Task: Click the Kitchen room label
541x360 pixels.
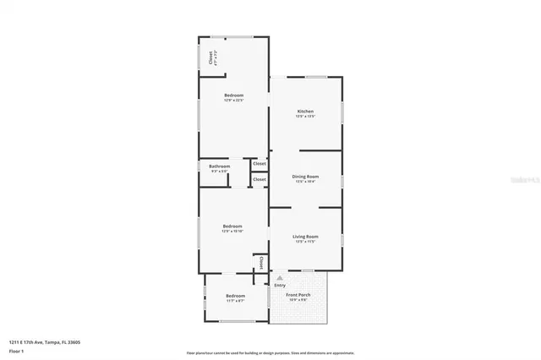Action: click(305, 112)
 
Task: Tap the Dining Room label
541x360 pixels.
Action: click(305, 176)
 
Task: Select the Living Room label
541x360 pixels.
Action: click(305, 236)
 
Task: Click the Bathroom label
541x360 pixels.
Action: click(220, 166)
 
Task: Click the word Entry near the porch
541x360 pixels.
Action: click(280, 285)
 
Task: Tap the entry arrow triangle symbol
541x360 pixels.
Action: click(280, 277)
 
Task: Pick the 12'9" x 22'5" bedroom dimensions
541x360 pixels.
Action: click(234, 101)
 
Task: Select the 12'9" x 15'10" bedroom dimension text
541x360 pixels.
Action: click(233, 231)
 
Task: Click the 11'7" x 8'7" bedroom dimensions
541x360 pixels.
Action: click(235, 301)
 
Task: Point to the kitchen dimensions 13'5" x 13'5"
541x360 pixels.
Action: click(305, 117)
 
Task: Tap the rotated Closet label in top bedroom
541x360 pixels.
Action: click(210, 58)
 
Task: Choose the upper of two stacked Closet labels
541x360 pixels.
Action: click(260, 163)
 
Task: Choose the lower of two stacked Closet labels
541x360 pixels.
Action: click(260, 179)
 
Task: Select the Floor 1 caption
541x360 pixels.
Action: click(17, 352)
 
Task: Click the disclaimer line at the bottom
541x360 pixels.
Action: click(270, 352)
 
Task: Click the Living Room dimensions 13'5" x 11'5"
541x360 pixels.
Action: click(305, 241)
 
